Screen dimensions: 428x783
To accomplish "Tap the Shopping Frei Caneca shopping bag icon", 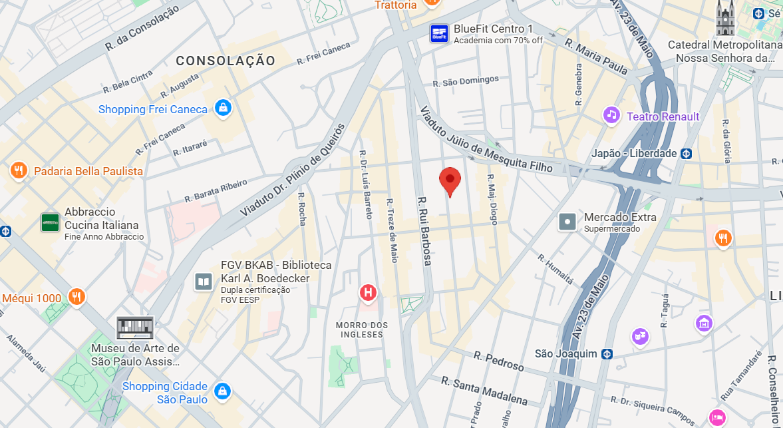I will tap(223, 108).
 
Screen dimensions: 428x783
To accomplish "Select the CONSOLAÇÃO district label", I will tap(226, 61).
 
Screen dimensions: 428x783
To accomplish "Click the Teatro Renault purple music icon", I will tap(611, 116).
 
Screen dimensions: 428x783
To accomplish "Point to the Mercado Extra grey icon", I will tap(567, 222).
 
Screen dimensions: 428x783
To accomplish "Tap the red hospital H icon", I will tap(368, 292).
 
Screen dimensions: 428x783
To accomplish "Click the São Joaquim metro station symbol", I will tap(607, 353).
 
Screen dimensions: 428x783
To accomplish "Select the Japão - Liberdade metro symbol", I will tap(687, 153).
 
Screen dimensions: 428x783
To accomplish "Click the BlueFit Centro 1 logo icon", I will tap(438, 33).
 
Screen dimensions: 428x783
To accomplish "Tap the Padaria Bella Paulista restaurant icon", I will tap(19, 171).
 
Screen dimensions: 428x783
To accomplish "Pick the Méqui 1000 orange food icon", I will tap(77, 298).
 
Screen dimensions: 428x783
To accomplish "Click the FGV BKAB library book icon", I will tap(204, 282).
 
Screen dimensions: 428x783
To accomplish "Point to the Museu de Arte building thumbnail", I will tap(135, 327).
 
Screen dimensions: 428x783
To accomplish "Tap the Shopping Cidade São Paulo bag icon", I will tap(222, 391).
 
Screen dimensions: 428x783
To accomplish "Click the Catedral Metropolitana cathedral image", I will tap(724, 19).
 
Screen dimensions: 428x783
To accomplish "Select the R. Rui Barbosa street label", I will tap(424, 230).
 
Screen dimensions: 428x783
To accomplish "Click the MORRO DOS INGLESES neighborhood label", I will tap(362, 329).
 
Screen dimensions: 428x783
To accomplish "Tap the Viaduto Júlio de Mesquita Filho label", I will tap(486, 139).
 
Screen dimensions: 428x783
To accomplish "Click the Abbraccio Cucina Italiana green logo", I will tap(51, 222).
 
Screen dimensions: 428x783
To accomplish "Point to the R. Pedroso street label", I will tap(499, 360).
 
